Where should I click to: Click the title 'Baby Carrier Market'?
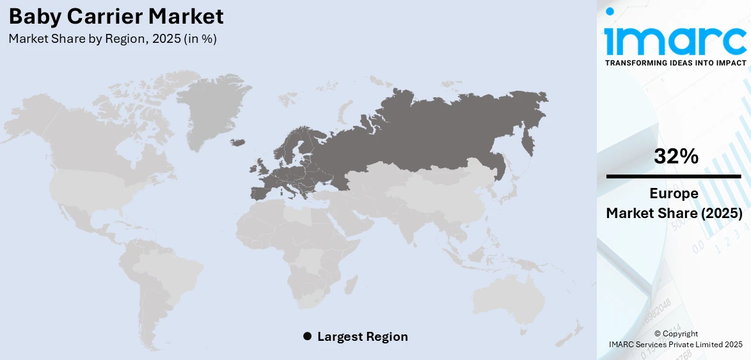[116, 16]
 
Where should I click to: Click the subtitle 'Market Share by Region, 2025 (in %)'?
[113, 38]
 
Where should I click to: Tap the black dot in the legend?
[307, 336]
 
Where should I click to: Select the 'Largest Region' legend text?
[362, 336]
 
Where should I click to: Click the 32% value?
[676, 156]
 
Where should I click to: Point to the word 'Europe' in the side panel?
[674, 194]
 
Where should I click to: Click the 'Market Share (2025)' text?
[674, 213]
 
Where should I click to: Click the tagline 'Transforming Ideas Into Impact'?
[675, 63]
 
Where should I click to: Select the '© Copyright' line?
[676, 334]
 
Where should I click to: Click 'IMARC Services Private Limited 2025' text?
[676, 345]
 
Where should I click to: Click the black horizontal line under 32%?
[674, 176]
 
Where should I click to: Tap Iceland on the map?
[238, 141]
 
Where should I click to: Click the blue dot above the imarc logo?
[610, 12]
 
